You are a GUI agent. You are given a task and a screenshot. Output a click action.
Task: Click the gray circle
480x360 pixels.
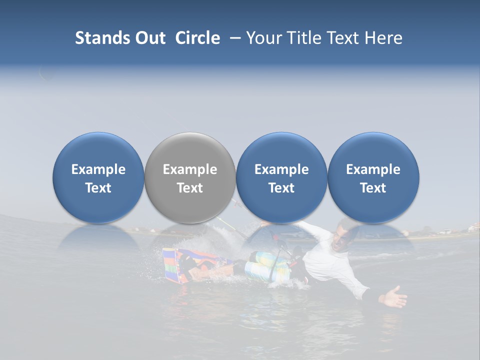(190, 177)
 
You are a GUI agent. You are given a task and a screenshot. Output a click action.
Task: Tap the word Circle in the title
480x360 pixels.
(197, 38)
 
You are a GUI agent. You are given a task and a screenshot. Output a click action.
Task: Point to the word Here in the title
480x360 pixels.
(384, 38)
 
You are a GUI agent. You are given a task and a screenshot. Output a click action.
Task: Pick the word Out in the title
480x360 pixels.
(148, 38)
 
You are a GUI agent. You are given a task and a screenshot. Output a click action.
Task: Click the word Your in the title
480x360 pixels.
(263, 38)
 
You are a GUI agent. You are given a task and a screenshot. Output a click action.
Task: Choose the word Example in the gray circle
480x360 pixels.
(190, 169)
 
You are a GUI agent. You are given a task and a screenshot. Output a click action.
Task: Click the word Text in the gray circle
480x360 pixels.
(190, 188)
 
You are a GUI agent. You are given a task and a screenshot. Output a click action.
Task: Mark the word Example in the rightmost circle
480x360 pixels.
(373, 169)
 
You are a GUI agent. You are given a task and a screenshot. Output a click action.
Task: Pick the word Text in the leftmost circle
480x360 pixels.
(98, 188)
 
